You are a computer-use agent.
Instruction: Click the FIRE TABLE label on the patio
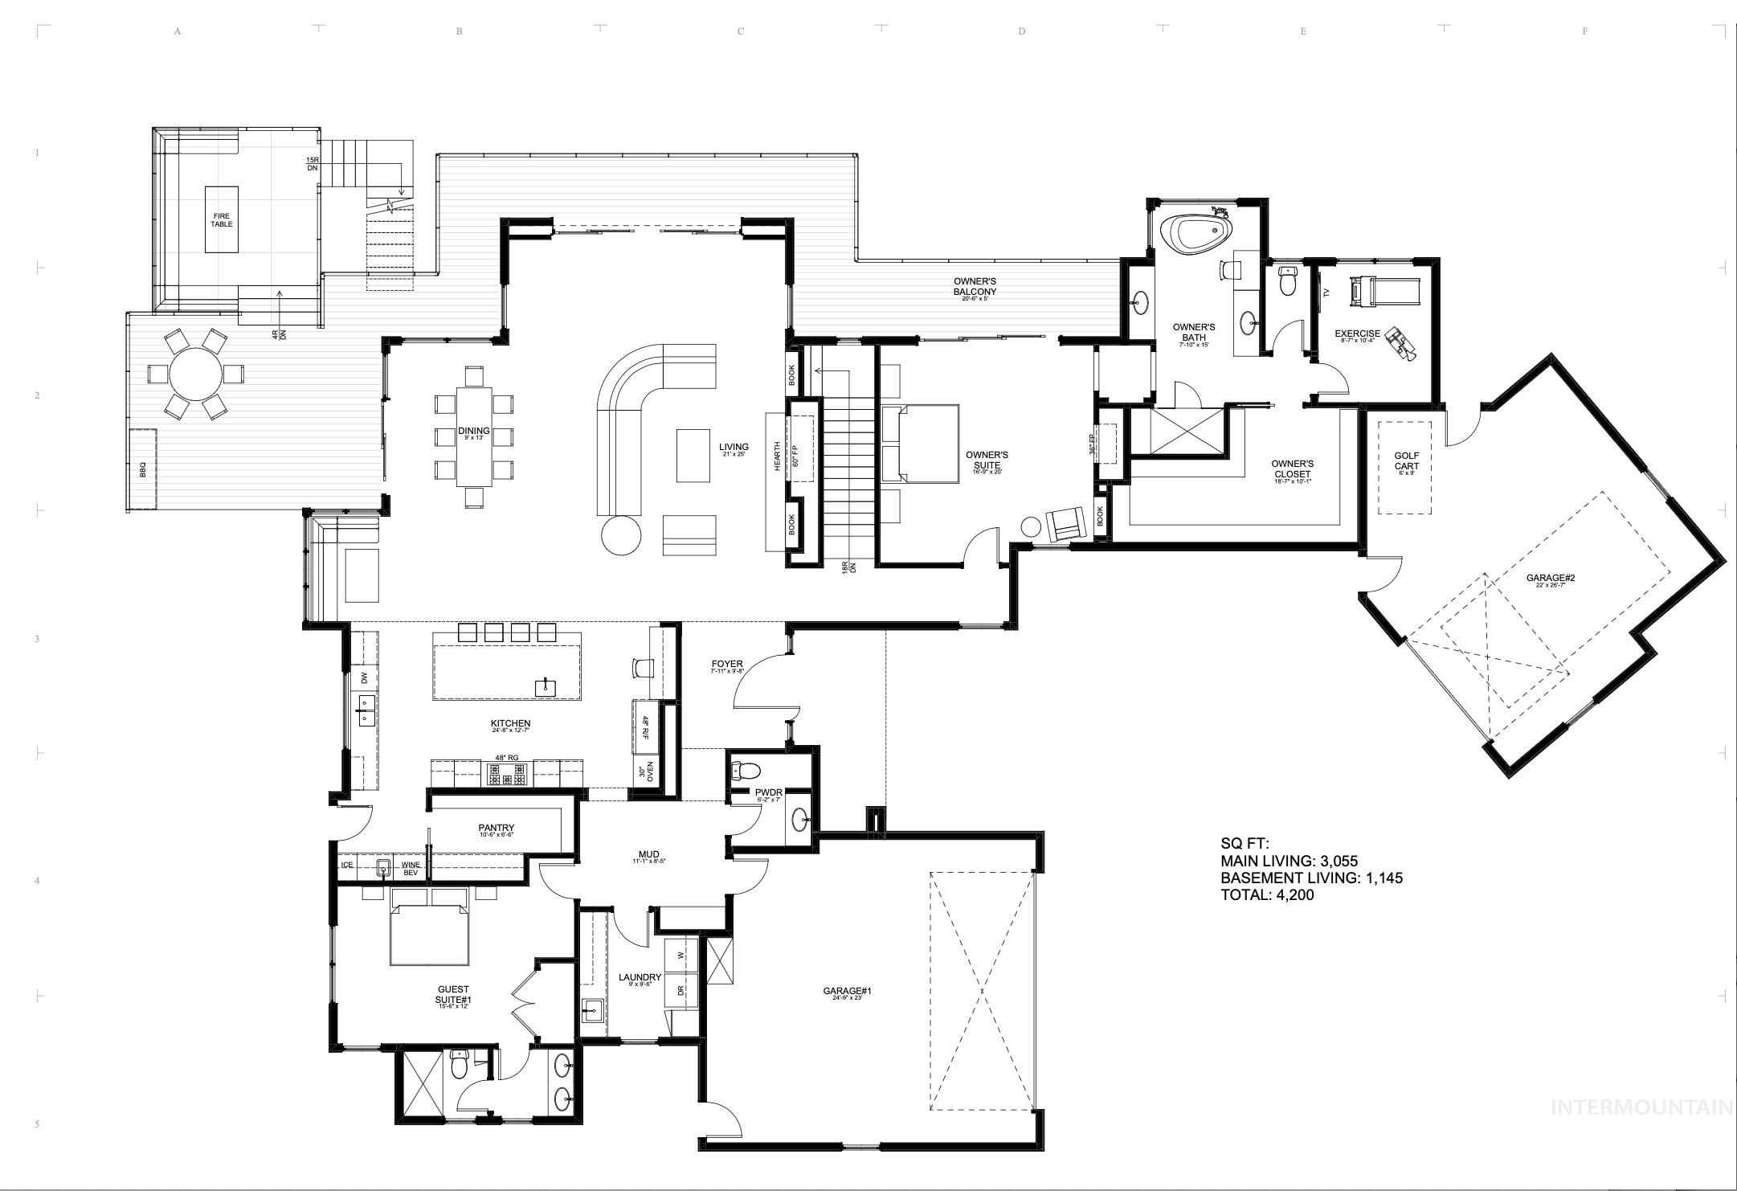click(222, 219)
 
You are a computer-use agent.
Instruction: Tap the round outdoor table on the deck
click(196, 374)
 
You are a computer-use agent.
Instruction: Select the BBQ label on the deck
click(143, 472)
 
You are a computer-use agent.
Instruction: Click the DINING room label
click(474, 432)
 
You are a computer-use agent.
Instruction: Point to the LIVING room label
click(734, 447)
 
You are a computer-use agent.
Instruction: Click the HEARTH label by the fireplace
click(777, 457)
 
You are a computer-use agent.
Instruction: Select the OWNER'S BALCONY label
click(975, 286)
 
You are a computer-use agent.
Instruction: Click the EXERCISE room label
click(1357, 334)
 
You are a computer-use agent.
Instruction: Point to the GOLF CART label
click(1406, 460)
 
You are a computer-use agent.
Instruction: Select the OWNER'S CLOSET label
click(1292, 469)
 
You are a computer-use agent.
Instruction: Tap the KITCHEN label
click(510, 723)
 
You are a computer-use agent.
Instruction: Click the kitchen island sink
click(546, 686)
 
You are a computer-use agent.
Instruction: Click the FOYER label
click(727, 665)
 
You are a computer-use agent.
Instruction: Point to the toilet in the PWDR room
click(745, 771)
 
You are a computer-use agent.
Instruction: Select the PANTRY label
click(496, 828)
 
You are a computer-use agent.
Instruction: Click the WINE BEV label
click(411, 869)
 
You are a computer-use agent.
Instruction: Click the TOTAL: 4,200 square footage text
click(1267, 894)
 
